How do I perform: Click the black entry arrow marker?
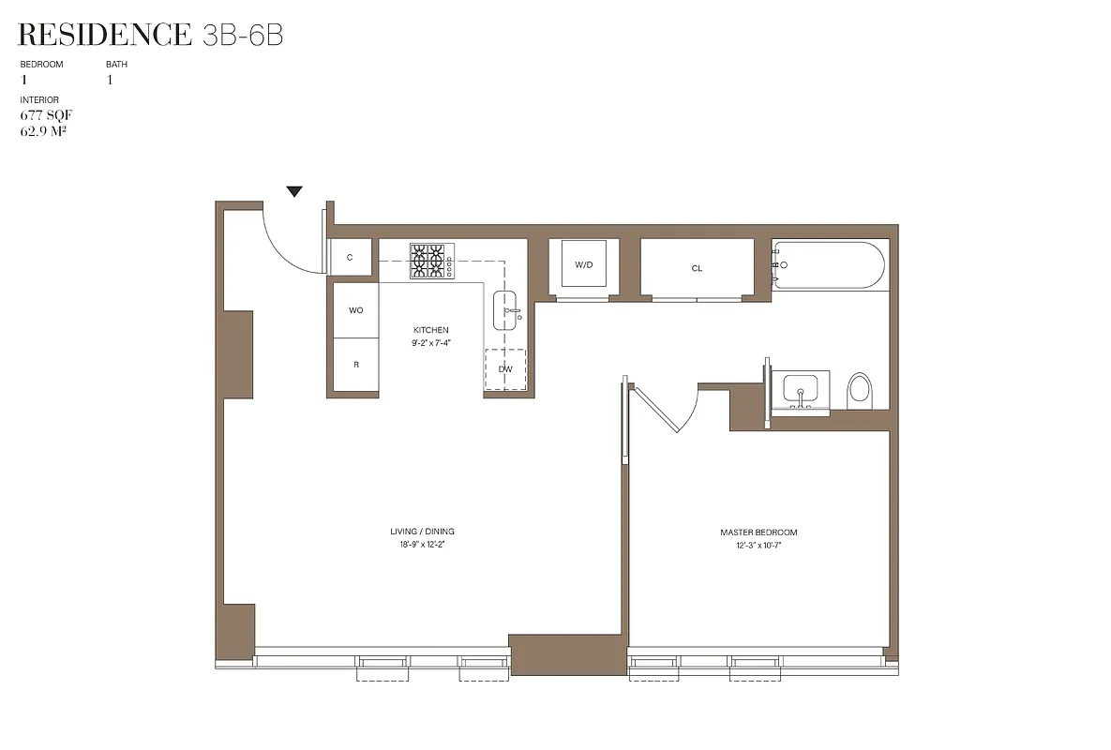(295, 191)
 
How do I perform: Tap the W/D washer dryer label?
(584, 265)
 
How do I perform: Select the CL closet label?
(697, 268)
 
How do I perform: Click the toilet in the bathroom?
(860, 391)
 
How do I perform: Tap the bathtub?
(828, 265)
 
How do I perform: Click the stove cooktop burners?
(429, 262)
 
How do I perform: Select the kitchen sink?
(507, 310)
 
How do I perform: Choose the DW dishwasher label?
(505, 368)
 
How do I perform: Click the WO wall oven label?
(356, 309)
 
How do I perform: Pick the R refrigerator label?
(356, 364)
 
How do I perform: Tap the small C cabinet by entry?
(350, 257)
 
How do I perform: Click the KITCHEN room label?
(431, 330)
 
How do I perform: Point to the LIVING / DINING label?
(422, 532)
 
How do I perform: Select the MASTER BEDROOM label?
(758, 532)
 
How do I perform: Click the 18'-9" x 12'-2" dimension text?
(422, 544)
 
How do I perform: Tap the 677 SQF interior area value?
(46, 115)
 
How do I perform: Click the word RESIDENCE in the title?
(104, 36)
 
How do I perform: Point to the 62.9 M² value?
(43, 130)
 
